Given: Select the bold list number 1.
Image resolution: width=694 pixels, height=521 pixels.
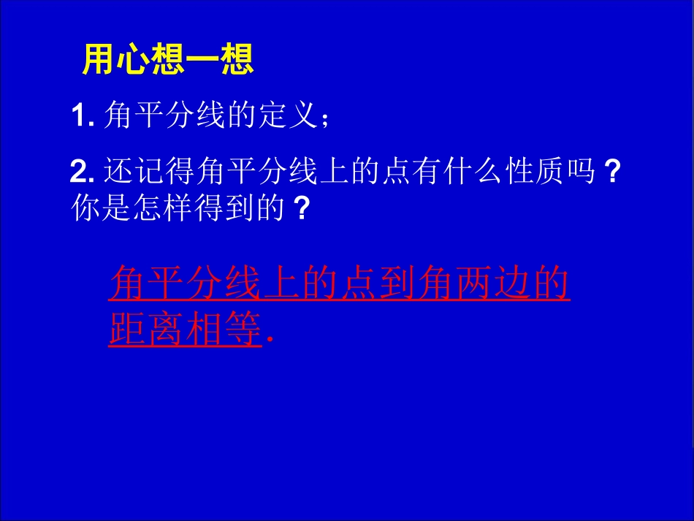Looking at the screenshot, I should click(x=80, y=117).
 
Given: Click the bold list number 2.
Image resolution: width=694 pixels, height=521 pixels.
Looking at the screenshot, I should click(x=80, y=173).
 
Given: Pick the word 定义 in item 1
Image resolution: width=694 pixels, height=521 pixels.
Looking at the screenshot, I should click(x=286, y=117).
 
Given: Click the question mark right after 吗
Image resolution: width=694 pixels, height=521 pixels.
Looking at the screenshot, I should click(x=614, y=173).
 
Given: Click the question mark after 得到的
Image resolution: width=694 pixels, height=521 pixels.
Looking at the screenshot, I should click(x=298, y=210).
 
